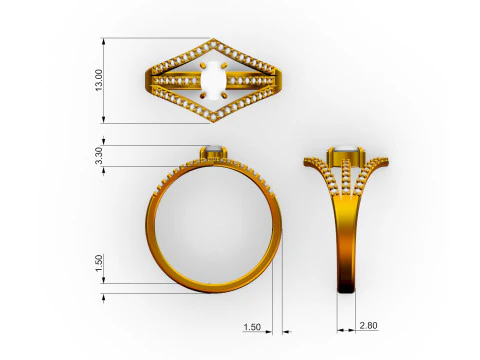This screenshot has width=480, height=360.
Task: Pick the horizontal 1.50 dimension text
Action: [251, 327]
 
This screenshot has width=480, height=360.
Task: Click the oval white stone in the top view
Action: [212, 80]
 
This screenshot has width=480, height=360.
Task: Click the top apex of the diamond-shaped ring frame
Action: [213, 41]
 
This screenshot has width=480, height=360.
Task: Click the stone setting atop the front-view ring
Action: [212, 152]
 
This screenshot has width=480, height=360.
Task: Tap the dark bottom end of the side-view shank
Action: [345, 289]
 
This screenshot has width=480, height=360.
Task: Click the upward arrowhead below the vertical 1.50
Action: [105, 294]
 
